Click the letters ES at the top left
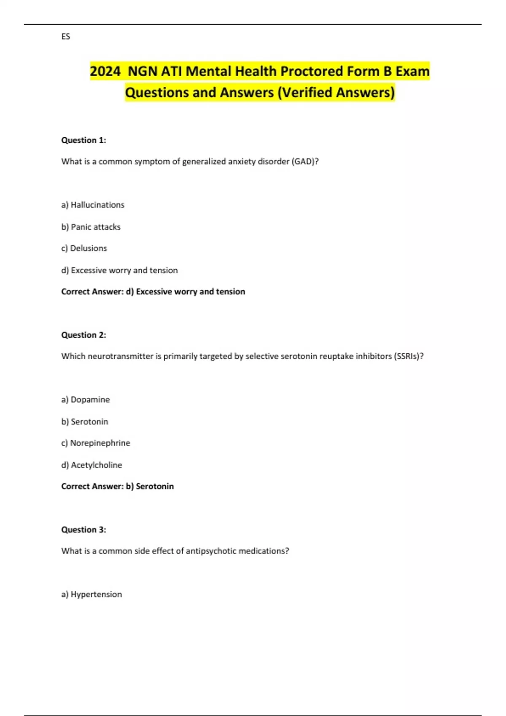[66, 37]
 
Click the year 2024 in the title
[105, 71]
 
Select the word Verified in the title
[307, 92]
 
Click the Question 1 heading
[83, 140]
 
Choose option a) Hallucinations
[93, 205]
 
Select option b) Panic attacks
[91, 227]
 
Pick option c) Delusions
[84, 248]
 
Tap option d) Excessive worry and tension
[119, 270]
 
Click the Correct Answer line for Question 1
[153, 291]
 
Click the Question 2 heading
[83, 335]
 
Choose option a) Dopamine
[85, 400]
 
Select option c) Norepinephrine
[96, 443]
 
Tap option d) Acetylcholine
[92, 465]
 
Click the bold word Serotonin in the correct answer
[155, 486]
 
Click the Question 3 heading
[83, 529]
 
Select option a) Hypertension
[92, 594]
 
